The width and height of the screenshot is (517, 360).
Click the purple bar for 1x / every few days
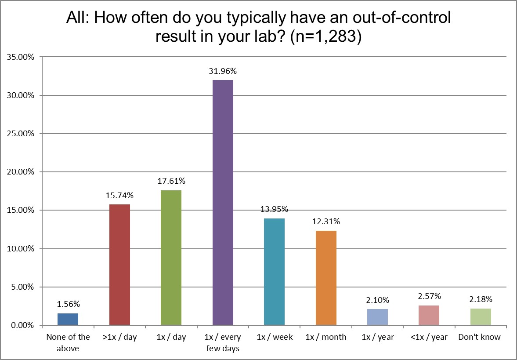pyautogui.click(x=223, y=202)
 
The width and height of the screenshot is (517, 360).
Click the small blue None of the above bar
pyautogui.click(x=68, y=319)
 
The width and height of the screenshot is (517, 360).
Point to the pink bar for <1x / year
pyautogui.click(x=429, y=315)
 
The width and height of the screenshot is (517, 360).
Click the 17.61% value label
pyautogui.click(x=171, y=181)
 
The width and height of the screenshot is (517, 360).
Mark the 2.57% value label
pyautogui.click(x=429, y=296)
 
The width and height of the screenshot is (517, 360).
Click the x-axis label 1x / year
pyautogui.click(x=377, y=337)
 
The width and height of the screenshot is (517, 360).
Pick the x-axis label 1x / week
pyautogui.click(x=274, y=337)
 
